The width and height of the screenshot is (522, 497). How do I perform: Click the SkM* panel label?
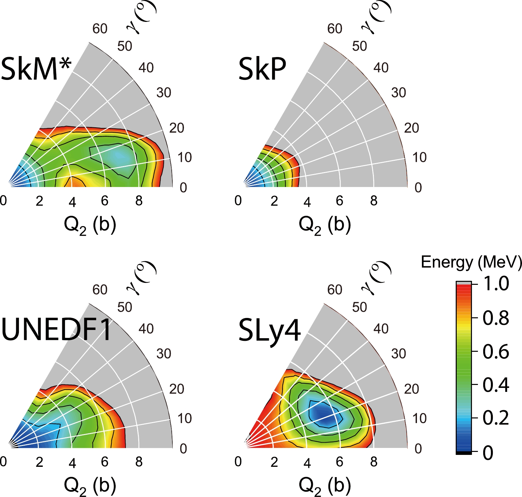coord(36,69)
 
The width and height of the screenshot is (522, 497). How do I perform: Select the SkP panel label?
coord(262,69)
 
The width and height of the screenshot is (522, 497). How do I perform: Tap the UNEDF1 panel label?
coord(56,330)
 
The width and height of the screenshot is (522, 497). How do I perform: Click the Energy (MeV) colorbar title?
coord(471,262)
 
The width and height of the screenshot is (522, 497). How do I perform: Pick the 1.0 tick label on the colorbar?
coord(496,284)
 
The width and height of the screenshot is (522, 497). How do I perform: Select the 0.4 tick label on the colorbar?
coord(496,385)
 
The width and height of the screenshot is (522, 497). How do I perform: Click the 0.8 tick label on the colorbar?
coord(496,318)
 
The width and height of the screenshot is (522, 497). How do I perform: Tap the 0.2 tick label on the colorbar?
coord(496,418)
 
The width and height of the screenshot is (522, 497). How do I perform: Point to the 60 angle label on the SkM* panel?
coord(100,29)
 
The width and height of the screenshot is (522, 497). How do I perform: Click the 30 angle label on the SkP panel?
coord(398,93)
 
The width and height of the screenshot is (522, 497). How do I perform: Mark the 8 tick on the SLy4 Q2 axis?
coord(374,462)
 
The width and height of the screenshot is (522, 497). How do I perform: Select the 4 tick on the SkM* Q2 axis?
coord(72,202)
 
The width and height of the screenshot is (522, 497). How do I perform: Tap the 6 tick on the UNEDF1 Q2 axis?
coord(105,462)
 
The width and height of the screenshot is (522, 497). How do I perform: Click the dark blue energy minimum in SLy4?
coord(323,414)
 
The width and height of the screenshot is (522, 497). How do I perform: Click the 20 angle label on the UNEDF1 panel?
coord(177,389)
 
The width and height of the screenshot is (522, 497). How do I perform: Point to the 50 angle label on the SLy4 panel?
coord(360,307)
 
